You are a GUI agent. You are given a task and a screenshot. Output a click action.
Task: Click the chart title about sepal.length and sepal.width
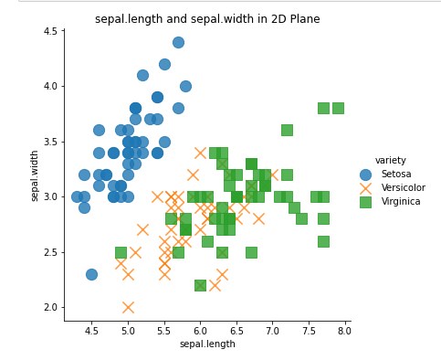pos(207,19)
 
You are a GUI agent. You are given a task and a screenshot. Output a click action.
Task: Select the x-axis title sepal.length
pos(207,344)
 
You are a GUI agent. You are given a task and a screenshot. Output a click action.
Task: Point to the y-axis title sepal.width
pos(36,175)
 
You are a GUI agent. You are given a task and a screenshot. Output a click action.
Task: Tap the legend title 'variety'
pos(391,161)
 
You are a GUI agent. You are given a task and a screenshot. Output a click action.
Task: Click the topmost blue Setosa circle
pos(178,42)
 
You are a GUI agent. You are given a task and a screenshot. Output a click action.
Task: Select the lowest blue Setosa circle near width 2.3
pos(91,274)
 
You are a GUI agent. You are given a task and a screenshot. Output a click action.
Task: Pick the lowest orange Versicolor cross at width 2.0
pos(128,307)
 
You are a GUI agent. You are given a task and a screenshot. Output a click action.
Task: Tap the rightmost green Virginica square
pos(338,108)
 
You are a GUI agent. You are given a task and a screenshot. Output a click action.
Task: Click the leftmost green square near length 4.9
pos(121,252)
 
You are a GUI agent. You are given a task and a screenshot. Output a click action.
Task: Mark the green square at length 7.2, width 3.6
pos(287,130)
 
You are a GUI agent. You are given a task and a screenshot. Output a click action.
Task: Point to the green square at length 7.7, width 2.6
pos(323,241)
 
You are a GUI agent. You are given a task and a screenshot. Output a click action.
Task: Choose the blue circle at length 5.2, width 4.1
pos(142,75)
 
